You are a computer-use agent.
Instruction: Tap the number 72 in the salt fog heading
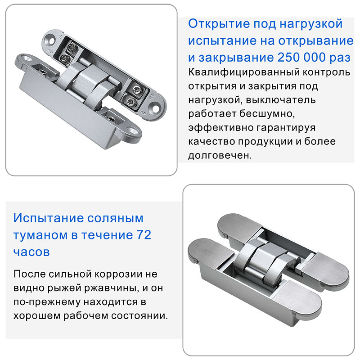pyautogui.click(x=144, y=235)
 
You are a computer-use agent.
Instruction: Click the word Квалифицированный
pyautogui.click(x=244, y=72)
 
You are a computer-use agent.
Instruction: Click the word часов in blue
pyautogui.click(x=31, y=252)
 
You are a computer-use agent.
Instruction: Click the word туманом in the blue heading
pyautogui.click(x=40, y=235)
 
